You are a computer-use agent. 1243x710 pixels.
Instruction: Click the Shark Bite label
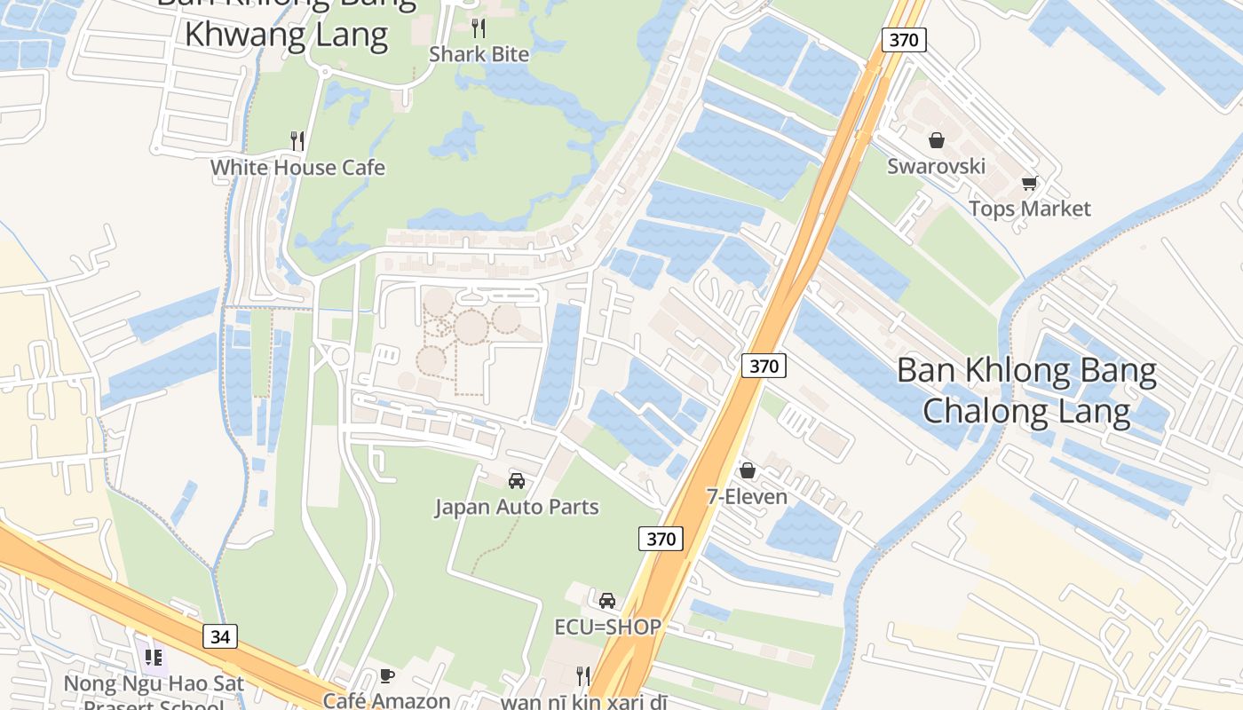pyautogui.click(x=479, y=54)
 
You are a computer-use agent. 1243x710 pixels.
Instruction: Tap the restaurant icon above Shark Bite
pyautogui.click(x=479, y=28)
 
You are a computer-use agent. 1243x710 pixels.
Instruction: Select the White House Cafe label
pyautogui.click(x=297, y=168)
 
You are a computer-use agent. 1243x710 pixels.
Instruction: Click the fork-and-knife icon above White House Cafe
pyautogui.click(x=297, y=140)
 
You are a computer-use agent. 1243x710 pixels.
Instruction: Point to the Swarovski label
pyautogui.click(x=936, y=166)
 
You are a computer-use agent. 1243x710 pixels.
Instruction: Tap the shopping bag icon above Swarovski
pyautogui.click(x=936, y=140)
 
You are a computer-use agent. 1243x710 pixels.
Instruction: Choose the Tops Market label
pyautogui.click(x=1029, y=209)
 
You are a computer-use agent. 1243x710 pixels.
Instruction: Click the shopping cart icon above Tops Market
pyautogui.click(x=1029, y=184)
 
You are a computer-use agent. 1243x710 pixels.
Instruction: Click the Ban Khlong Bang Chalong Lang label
pyautogui.click(x=1026, y=390)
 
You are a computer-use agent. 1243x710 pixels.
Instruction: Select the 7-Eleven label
pyautogui.click(x=747, y=496)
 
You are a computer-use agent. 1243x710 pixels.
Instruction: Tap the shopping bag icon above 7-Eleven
pyautogui.click(x=748, y=470)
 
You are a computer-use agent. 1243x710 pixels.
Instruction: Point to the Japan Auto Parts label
pyautogui.click(x=516, y=507)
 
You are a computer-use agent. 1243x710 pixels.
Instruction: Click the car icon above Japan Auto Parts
pyautogui.click(x=516, y=481)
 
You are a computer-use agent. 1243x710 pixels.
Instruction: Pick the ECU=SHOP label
pyautogui.click(x=607, y=627)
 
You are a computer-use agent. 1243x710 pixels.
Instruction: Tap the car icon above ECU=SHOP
pyautogui.click(x=607, y=601)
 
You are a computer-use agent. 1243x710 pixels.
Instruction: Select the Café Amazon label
pyautogui.click(x=386, y=700)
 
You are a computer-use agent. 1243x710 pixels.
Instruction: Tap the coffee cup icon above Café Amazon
pyautogui.click(x=386, y=675)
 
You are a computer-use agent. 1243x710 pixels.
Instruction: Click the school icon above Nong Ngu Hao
pyautogui.click(x=153, y=658)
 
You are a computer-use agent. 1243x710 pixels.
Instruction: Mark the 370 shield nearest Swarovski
pyautogui.click(x=904, y=39)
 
